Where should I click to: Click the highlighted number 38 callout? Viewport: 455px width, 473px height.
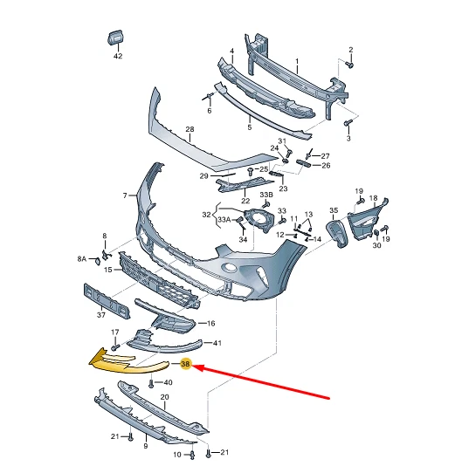pos(185,365)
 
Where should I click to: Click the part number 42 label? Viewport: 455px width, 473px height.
pos(118,57)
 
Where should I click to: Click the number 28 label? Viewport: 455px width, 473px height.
pos(189,130)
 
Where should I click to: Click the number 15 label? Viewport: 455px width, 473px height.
pos(107,270)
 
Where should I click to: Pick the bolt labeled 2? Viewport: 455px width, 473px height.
pos(349,65)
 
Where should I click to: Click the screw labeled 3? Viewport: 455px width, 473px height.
pos(348,124)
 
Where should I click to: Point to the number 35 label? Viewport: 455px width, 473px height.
pos(333,211)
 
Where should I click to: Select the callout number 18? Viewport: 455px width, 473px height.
pos(373,199)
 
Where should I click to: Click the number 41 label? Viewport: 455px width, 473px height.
pos(217,343)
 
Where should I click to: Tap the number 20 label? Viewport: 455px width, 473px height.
pos(164,397)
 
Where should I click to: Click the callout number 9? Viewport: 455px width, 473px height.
pos(145,446)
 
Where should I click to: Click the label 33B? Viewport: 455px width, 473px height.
pos(265,194)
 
